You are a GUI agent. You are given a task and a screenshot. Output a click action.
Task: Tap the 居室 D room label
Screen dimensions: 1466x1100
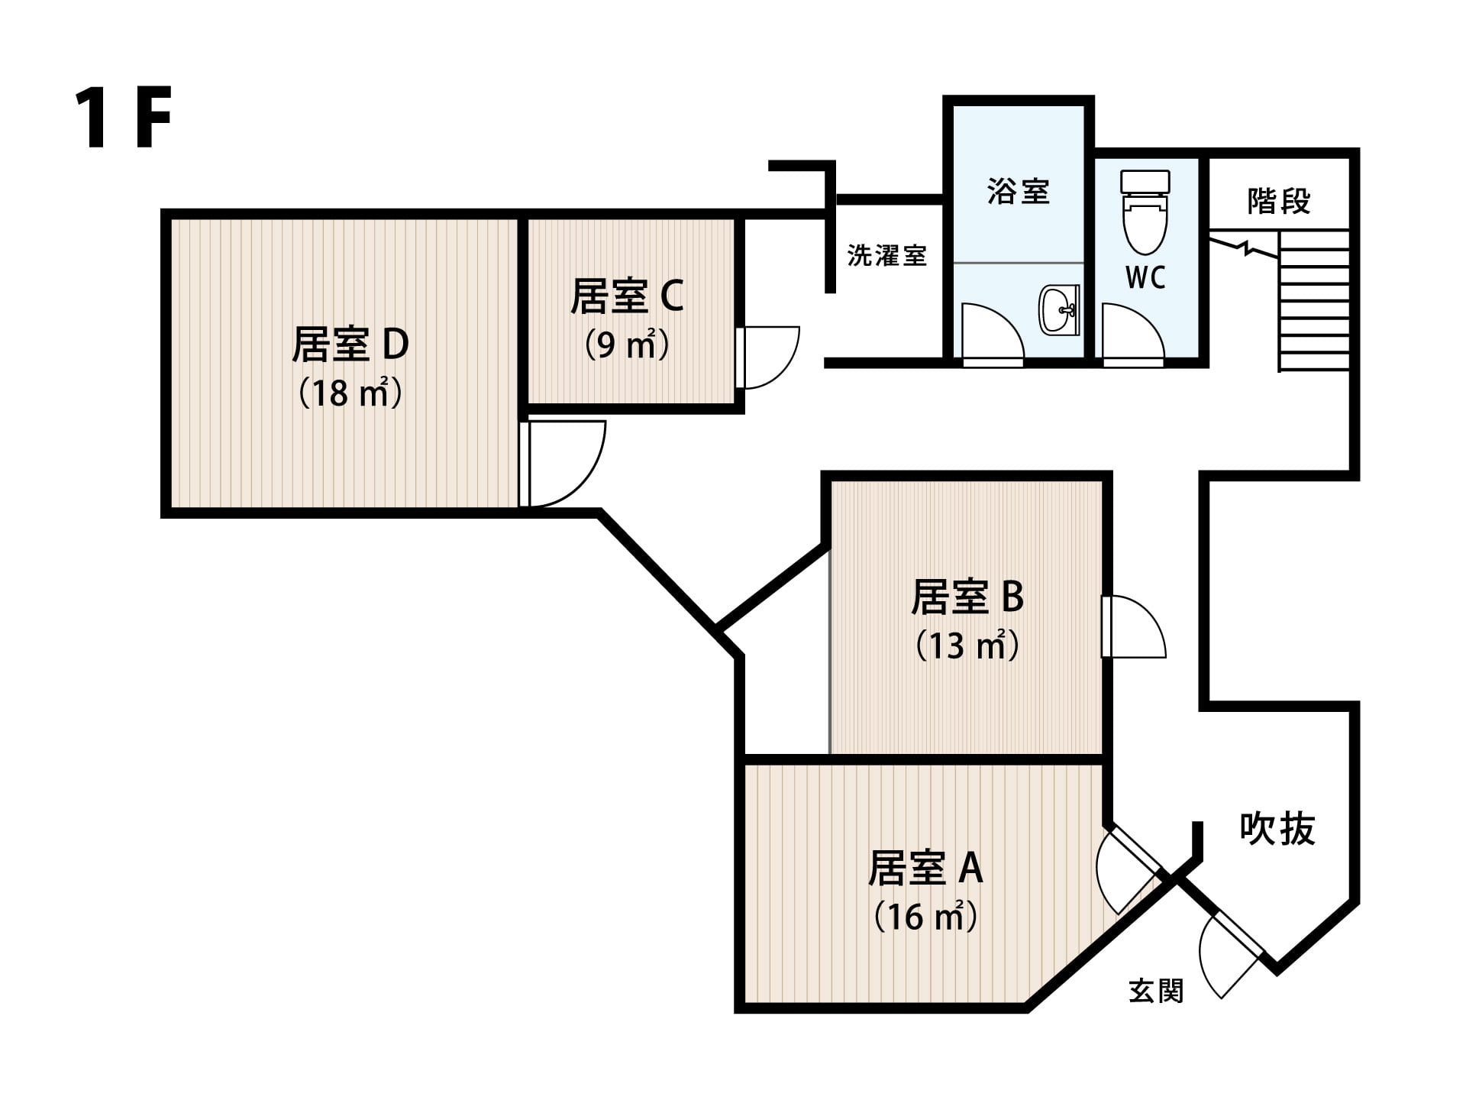350,344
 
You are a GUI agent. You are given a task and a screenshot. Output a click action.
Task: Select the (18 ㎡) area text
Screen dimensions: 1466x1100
350,393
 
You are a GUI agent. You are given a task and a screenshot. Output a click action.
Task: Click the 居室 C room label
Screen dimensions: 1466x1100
627,296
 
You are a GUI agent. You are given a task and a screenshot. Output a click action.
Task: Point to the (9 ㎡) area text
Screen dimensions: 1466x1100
627,345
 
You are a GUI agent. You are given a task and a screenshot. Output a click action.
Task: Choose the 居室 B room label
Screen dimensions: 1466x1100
967,597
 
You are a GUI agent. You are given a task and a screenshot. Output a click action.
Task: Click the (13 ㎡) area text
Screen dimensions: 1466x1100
967,645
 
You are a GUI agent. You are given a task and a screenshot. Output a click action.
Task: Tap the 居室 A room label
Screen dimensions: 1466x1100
925,868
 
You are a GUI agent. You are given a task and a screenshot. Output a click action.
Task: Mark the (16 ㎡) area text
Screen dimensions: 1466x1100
925,916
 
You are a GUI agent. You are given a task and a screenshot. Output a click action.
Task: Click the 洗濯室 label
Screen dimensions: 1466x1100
886,255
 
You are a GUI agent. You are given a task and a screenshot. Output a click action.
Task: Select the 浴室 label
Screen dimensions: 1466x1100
1018,191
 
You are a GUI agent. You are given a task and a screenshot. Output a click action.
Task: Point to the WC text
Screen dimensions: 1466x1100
1145,278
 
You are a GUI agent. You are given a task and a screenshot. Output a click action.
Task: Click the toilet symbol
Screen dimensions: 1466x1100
1145,212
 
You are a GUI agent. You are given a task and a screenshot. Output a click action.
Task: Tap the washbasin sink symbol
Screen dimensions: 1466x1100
1060,309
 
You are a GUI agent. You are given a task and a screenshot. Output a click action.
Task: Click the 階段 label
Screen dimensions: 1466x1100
1279,201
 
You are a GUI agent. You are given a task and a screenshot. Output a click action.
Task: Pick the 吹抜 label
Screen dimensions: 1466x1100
1277,828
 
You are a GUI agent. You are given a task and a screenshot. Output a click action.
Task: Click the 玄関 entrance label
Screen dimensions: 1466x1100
1156,991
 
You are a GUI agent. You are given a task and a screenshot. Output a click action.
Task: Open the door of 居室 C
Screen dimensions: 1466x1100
767,357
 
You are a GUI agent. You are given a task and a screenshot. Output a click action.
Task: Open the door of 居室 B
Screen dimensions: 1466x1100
1134,626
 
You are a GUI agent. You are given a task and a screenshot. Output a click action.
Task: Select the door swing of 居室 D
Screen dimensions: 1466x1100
563,464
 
